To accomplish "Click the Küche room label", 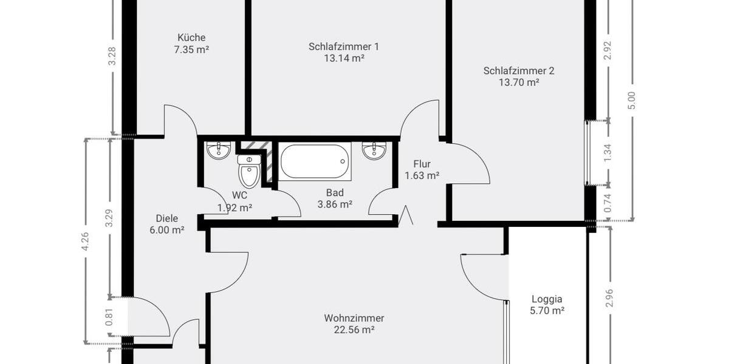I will [x=191, y=37].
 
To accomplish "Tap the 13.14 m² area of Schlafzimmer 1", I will [x=344, y=59].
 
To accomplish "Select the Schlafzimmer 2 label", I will [x=518, y=70].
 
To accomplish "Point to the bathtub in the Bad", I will [x=315, y=161].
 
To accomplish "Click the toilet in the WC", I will [x=248, y=172].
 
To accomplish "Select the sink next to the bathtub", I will [x=374, y=150].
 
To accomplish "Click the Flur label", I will [x=422, y=164].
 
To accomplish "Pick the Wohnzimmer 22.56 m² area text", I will [x=354, y=330].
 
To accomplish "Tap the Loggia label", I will [x=547, y=298].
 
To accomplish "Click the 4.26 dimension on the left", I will [x=86, y=241].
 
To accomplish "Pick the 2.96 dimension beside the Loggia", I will [x=609, y=298].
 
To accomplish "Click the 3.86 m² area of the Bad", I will [x=335, y=205].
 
